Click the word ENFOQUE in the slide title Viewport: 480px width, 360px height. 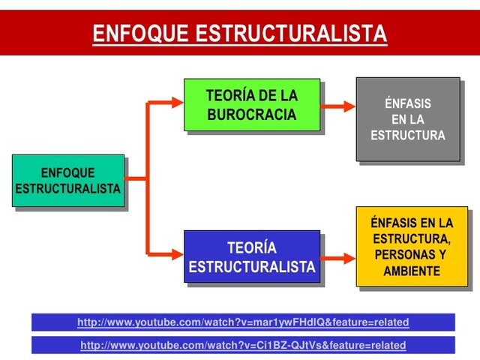(x=139, y=34)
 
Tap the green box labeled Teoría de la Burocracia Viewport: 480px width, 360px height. (x=251, y=105)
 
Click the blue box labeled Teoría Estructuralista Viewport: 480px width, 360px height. (x=251, y=256)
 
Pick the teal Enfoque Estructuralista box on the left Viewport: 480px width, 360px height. (x=68, y=180)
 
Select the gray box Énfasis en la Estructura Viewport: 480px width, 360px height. (x=407, y=118)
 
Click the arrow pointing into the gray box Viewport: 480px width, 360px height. (x=337, y=106)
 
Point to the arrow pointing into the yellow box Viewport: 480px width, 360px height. (x=337, y=259)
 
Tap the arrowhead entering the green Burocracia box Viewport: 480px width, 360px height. (x=176, y=103)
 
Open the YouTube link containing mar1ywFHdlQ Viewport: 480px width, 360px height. (x=243, y=322)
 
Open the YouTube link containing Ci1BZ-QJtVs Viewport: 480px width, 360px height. (x=243, y=346)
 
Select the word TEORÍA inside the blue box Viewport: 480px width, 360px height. (x=251, y=247)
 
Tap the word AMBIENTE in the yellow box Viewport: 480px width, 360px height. (x=412, y=271)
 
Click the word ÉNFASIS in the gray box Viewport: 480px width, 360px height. (x=407, y=104)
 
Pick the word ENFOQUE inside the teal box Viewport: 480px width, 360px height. (x=67, y=172)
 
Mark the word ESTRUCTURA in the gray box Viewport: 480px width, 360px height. (x=407, y=136)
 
